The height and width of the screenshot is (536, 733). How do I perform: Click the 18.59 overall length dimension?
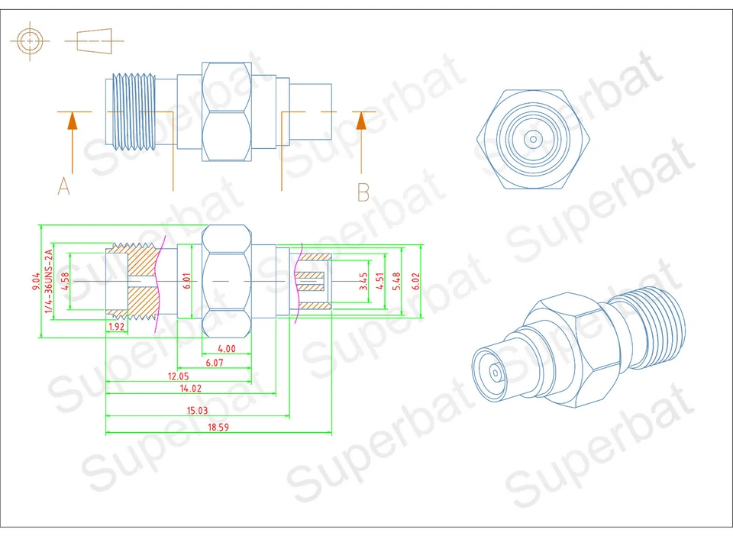coord(218,428)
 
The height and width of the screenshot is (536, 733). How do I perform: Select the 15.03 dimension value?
coord(198,410)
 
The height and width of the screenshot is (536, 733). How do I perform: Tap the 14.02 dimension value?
coord(190,389)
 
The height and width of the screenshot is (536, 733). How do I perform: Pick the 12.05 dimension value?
coord(179,376)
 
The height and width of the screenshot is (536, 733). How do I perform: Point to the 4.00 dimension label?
coord(226,349)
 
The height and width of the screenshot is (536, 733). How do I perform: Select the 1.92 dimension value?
coord(115,327)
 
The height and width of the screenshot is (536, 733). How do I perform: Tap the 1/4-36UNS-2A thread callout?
coord(50,280)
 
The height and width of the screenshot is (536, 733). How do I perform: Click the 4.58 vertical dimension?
coord(66,280)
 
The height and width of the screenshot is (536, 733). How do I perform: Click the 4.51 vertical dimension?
coord(379,280)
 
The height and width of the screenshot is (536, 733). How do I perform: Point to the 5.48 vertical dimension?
coord(396,280)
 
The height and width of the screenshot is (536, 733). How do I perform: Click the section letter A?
coord(64,186)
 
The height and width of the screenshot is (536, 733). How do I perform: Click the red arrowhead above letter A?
coord(72,121)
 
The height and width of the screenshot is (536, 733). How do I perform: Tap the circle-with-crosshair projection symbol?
coord(29,40)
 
